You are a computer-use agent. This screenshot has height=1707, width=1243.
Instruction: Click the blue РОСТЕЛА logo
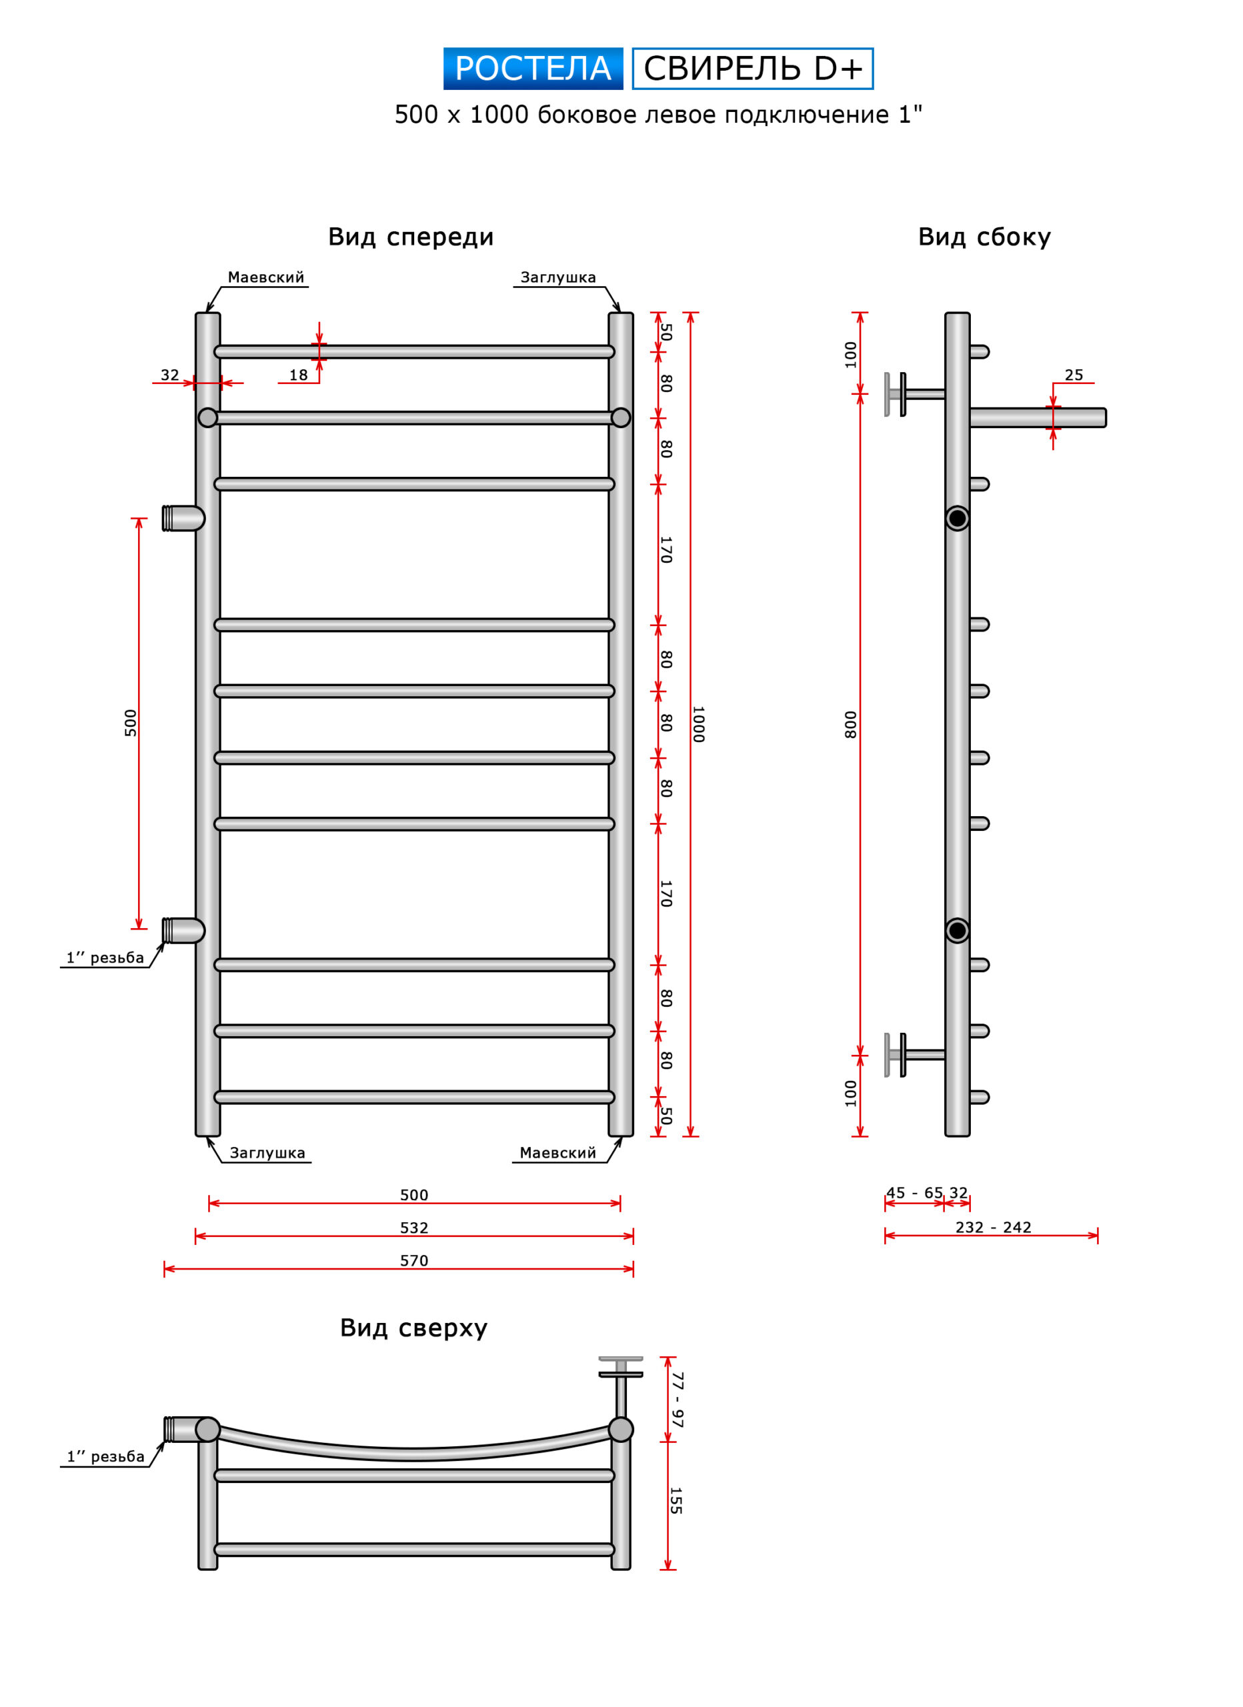(532, 69)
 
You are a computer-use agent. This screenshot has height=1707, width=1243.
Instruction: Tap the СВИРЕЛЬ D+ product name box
(752, 69)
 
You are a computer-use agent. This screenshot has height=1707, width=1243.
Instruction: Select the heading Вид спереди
(410, 237)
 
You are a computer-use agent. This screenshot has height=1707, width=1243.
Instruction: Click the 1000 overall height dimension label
(698, 724)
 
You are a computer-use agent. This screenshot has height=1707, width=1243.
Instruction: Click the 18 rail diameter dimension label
(298, 375)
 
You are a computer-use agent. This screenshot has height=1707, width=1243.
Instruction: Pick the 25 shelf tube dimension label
(1074, 375)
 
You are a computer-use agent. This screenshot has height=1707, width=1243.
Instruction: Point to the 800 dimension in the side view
(850, 724)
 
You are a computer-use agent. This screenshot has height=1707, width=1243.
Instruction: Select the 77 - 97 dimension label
(677, 1399)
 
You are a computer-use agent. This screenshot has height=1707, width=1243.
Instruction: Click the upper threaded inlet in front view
(182, 519)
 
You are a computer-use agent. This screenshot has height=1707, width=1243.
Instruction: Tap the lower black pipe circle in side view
(957, 931)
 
